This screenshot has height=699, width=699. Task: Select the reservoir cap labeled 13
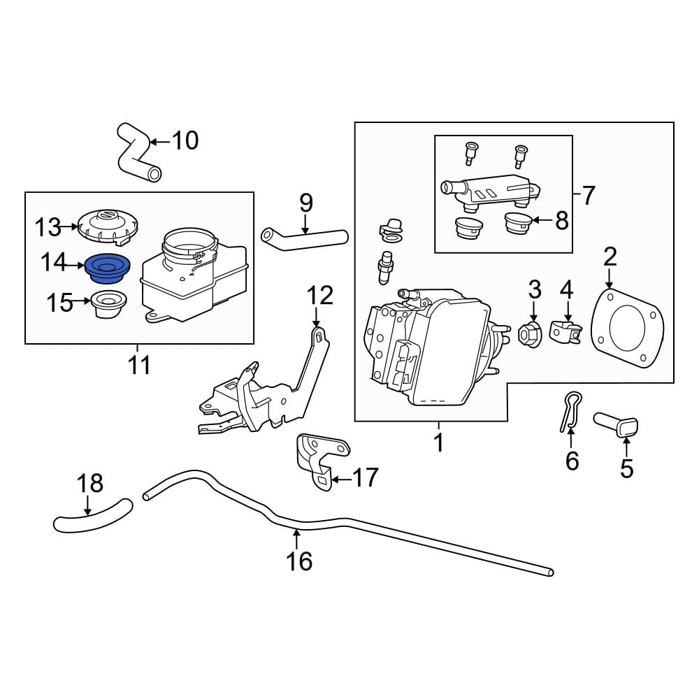pos(108,226)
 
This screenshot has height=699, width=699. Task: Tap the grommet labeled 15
pos(108,304)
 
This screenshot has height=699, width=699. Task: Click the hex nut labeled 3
pos(530,333)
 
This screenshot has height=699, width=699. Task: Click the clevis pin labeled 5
pos(616,424)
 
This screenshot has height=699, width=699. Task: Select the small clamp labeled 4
pos(565,331)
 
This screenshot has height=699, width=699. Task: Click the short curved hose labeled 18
pos(93,518)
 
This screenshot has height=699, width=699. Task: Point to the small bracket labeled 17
pos(322,461)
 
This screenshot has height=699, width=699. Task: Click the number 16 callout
pos(299,561)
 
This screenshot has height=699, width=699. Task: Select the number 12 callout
pos(320,295)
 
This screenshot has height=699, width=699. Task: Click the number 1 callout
pos(439,442)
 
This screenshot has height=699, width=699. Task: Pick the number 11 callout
pos(139,366)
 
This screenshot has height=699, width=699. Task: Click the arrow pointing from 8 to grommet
pos(542,219)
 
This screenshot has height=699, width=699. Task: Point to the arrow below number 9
pos(305,224)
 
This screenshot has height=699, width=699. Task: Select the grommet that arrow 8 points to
pos(517,223)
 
